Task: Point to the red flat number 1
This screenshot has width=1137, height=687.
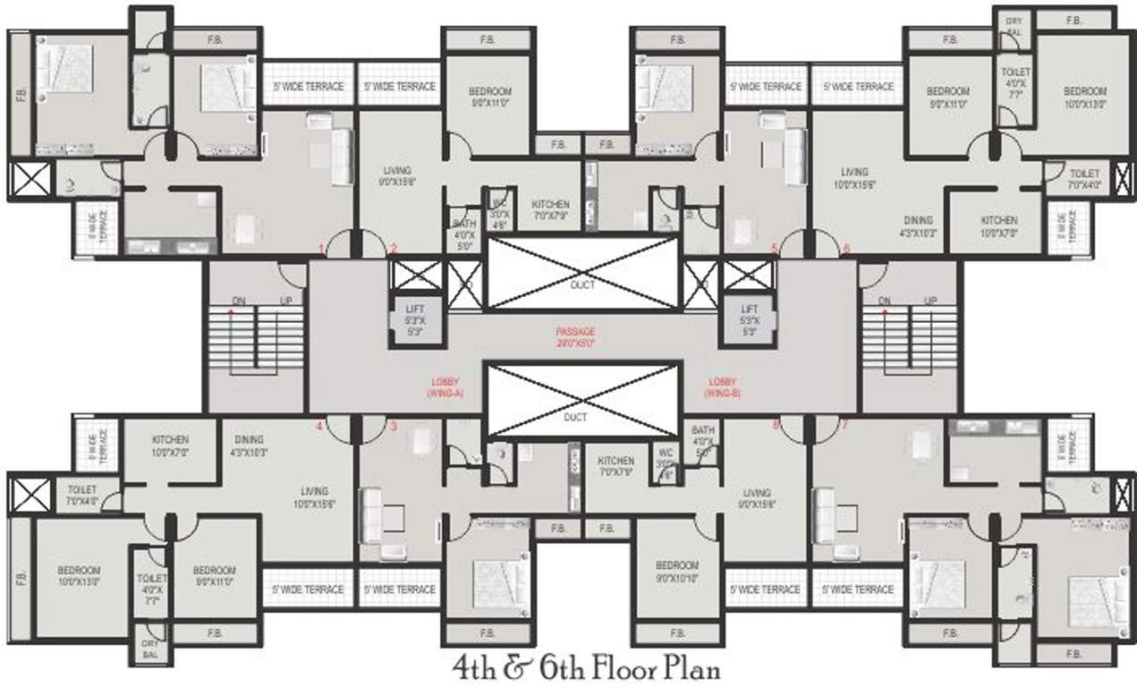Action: [323, 249]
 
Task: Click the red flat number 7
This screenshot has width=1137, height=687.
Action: [844, 425]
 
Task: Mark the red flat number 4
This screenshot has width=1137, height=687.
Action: [318, 426]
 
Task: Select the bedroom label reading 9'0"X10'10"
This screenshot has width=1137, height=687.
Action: [676, 571]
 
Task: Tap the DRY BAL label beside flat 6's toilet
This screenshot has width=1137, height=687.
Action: [1014, 26]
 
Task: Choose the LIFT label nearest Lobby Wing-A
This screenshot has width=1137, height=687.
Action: [415, 314]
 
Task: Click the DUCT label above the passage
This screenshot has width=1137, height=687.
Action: [581, 285]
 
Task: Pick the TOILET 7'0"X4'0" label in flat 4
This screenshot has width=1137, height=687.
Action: [82, 495]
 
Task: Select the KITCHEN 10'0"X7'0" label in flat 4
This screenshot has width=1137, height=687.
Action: [170, 445]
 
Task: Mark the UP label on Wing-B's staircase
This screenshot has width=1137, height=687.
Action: [930, 301]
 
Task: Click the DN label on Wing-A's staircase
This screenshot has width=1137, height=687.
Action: [239, 301]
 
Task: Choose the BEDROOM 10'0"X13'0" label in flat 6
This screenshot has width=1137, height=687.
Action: [1084, 97]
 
